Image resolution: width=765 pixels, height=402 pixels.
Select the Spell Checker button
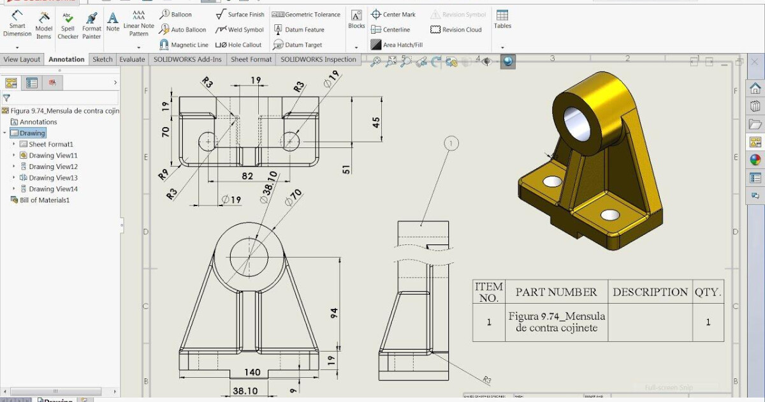click(68, 26)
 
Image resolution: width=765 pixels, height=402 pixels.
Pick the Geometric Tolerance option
click(307, 14)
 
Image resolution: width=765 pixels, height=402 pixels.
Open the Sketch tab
click(102, 59)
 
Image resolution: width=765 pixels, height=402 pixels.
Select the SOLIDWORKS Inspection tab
click(318, 59)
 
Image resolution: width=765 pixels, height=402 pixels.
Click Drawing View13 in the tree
click(53, 177)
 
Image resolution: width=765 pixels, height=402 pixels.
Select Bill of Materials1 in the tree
click(44, 200)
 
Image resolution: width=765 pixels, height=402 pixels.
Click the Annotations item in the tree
click(38, 122)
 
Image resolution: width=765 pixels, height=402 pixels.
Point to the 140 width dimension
click(252, 372)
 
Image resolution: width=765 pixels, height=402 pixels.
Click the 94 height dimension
click(334, 313)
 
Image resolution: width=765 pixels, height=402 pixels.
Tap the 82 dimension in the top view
click(247, 176)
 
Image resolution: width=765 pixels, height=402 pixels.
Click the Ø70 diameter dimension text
click(293, 198)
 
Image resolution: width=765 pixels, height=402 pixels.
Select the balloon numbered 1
click(451, 144)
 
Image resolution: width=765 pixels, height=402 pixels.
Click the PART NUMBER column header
click(556, 292)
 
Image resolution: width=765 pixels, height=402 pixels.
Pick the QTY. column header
click(708, 292)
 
